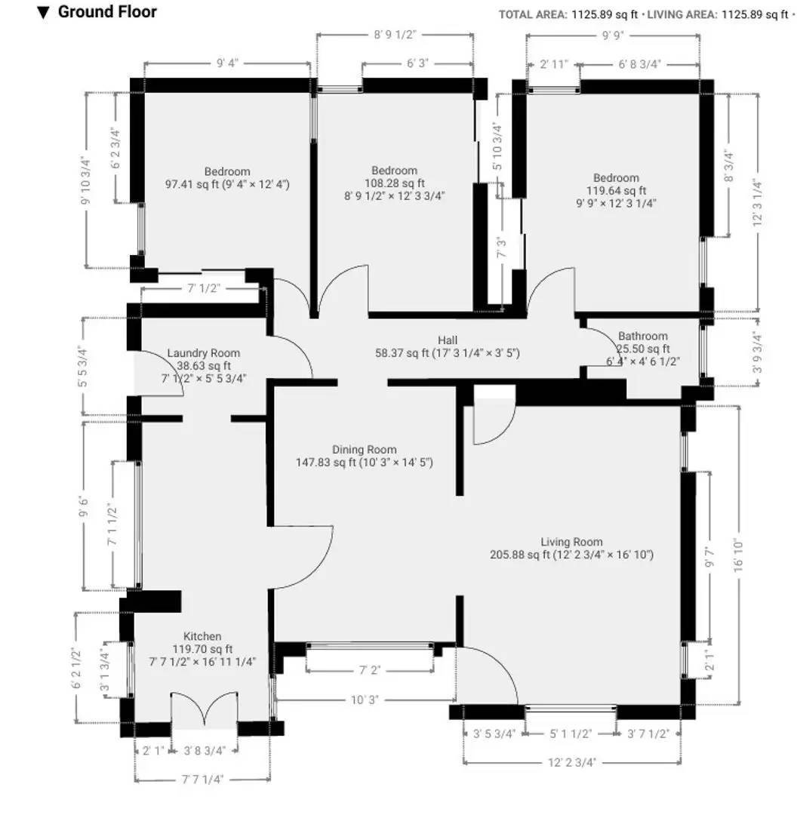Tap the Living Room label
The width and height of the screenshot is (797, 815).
[571, 541]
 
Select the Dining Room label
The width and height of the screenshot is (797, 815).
[364, 450]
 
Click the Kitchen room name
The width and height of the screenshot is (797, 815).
[203, 636]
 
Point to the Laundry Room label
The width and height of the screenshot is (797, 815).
[203, 353]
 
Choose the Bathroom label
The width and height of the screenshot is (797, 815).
[642, 336]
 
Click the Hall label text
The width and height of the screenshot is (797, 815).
[448, 340]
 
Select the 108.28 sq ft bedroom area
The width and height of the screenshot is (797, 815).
[393, 183]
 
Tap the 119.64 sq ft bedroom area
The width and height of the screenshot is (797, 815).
[616, 191]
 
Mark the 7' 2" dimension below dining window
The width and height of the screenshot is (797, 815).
[370, 669]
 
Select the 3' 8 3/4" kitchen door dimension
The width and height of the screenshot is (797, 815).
[205, 750]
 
